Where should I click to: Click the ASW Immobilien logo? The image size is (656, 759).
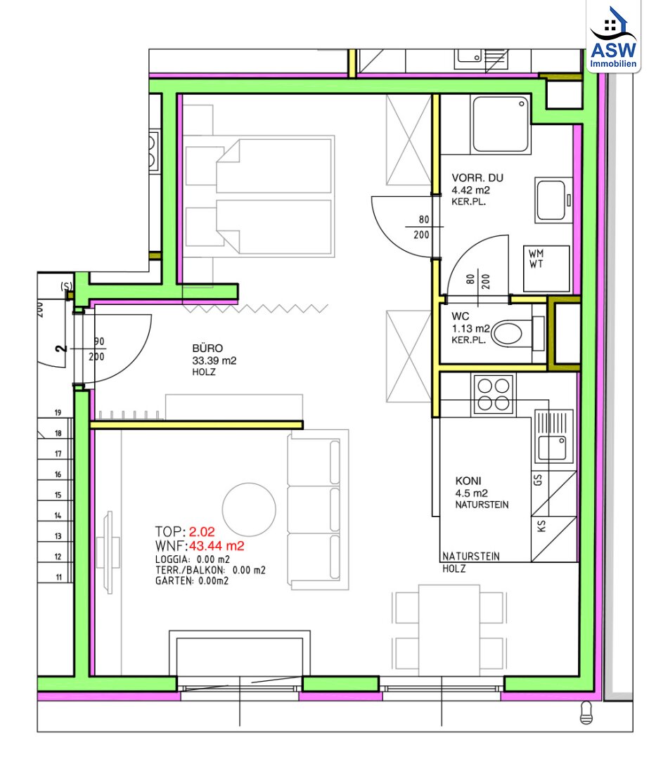pos(613,37)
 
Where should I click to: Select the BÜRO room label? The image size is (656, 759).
pos(207,349)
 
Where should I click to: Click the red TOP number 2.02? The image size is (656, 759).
pos(202,532)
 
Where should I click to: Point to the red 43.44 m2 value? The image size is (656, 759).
pos(217,546)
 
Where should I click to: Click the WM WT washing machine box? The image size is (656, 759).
pos(546,268)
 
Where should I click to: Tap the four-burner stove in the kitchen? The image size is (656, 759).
pos(494,394)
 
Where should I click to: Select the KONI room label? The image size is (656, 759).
pos(468,481)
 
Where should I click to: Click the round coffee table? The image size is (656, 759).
pos(249,510)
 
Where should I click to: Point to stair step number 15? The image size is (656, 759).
pos(58,495)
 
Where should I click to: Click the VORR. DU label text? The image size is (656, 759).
pos(477,178)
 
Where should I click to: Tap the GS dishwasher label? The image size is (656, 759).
pos(537,480)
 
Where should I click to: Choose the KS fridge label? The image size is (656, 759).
pos(541,526)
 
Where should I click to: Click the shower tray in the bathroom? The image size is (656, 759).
pos(500,124)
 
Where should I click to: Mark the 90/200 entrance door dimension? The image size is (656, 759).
pos(97,349)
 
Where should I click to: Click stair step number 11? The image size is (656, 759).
pos(58,577)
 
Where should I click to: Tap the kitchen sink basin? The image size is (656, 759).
pos(552,448)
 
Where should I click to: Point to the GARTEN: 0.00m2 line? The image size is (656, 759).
pos(192,581)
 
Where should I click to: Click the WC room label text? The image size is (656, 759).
pos(461,316)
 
